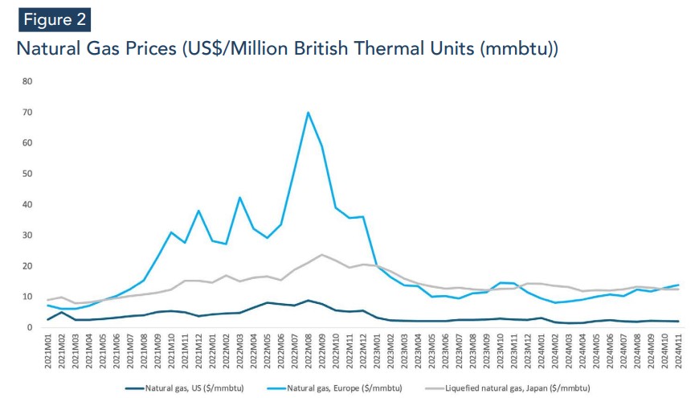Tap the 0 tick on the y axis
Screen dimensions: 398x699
pos(30,327)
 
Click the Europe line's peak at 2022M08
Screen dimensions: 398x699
pos(308,113)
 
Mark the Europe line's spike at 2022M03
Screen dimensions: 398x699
pos(239,197)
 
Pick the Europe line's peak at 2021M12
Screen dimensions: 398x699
pos(198,211)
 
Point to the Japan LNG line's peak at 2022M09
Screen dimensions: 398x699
pos(321,255)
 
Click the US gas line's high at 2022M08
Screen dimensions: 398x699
pos(308,301)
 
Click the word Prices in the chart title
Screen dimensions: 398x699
pos(144,48)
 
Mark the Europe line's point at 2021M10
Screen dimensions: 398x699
pos(171,232)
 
